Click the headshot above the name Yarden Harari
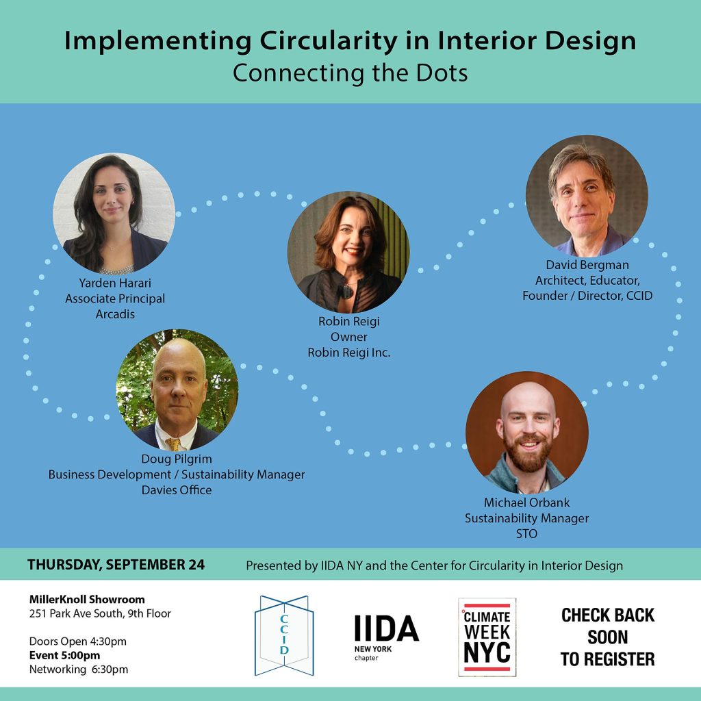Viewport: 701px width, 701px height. (114, 214)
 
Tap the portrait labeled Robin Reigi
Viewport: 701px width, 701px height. (348, 253)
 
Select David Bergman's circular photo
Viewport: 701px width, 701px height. (587, 196)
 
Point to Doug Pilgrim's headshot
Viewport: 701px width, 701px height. (177, 390)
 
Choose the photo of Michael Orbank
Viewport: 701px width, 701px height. (527, 433)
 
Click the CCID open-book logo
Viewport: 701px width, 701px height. (284, 635)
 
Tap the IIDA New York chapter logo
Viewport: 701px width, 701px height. (386, 637)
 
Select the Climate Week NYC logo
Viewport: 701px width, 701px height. (487, 637)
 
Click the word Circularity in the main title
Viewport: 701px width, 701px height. (329, 41)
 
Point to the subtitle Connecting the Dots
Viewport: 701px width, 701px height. (350, 73)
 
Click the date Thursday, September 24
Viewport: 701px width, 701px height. (116, 565)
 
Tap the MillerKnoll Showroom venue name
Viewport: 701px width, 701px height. (87, 599)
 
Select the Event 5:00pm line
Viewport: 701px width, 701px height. (65, 655)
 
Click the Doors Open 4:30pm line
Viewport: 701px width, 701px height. (78, 641)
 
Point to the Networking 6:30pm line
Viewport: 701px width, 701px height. (79, 670)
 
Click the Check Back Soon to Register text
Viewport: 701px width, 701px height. (608, 637)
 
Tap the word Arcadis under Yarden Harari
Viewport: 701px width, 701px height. (115, 314)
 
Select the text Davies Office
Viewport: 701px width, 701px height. (177, 490)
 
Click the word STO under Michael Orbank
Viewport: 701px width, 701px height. (526, 534)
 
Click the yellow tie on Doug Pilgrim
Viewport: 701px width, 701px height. (173, 444)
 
